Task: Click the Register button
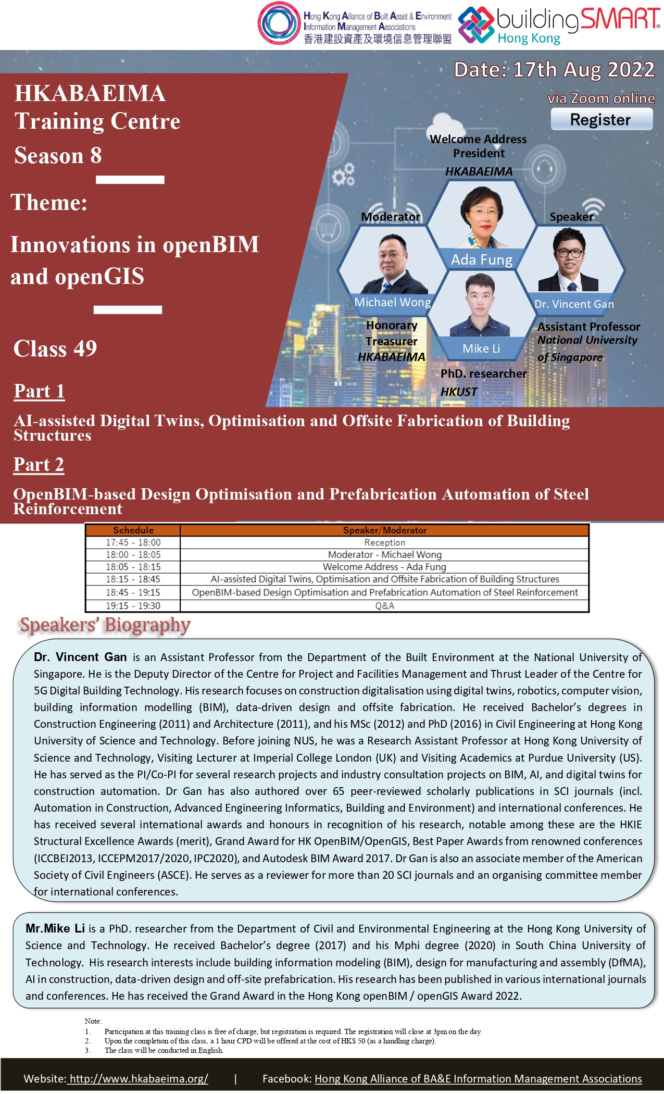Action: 602,119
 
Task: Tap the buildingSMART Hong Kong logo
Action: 559,25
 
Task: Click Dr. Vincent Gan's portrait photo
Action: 569,259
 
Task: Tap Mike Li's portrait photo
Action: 480,305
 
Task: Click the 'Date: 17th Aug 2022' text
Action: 554,70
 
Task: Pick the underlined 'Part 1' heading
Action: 39,391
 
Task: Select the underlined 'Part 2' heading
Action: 39,465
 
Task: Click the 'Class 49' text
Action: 55,349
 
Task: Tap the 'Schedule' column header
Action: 133,530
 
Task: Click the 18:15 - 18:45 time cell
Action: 133,579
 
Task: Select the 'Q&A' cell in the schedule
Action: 385,606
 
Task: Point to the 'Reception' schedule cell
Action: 385,543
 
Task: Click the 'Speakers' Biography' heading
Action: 105,625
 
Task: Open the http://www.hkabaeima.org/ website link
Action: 139,1078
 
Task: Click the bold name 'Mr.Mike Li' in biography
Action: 55,928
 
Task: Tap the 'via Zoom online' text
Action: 602,98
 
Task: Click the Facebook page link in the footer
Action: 478,1078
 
